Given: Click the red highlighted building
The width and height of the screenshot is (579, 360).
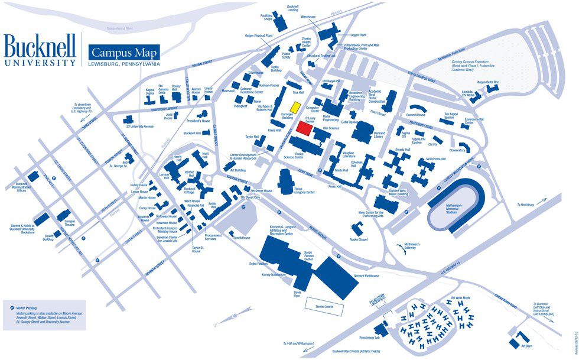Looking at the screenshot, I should coord(304,129).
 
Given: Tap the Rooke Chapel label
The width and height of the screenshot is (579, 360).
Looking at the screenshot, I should coord(358,239).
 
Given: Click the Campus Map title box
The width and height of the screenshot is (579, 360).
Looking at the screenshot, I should coord(123,51).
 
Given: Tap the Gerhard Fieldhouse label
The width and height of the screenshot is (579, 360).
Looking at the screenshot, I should coord(366,276).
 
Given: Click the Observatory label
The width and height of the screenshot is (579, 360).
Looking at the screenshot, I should coord(457,150).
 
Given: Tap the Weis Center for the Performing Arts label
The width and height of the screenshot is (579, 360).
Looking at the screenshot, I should coord(370,215).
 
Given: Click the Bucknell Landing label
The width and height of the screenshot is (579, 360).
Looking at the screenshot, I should coord(292,8).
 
